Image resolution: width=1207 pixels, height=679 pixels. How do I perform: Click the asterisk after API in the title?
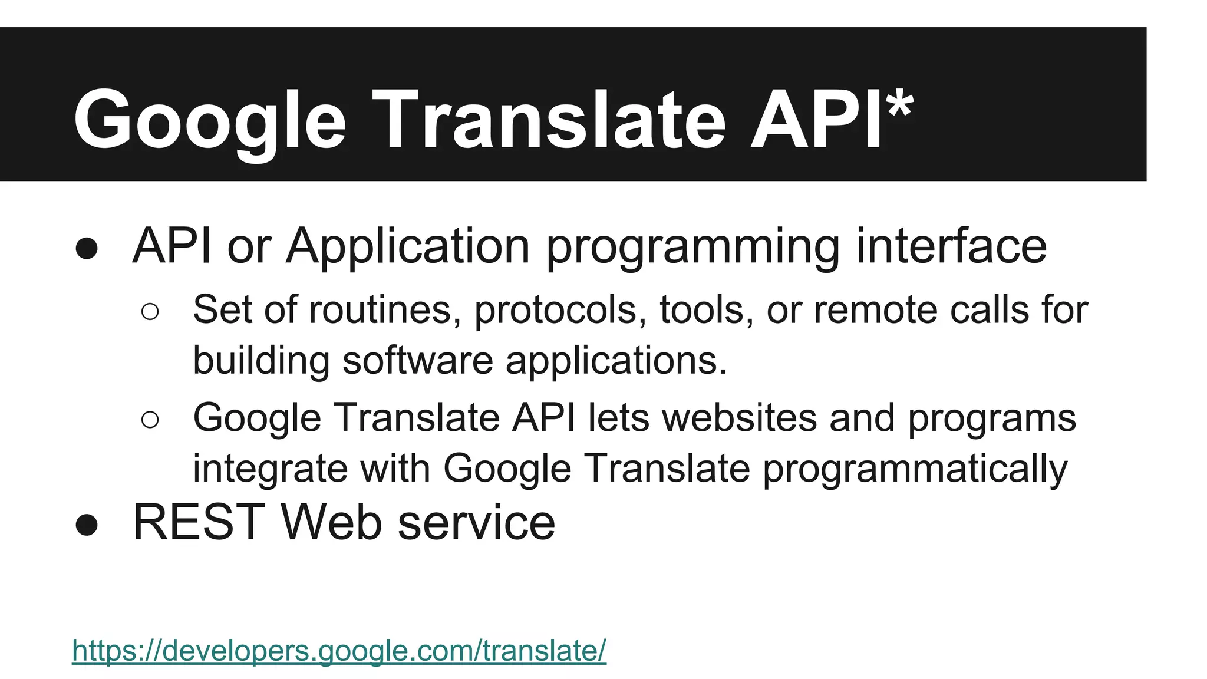coord(899,106)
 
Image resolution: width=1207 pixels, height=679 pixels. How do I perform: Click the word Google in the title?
coord(210,121)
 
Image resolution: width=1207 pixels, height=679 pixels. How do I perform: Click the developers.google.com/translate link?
coord(339,651)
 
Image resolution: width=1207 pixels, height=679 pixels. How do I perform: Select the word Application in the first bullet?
coord(408,246)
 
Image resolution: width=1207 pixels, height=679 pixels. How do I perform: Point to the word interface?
coord(951,246)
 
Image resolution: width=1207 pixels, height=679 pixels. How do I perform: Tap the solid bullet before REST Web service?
coord(87,524)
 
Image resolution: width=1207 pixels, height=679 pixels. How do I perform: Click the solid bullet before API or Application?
coord(87,248)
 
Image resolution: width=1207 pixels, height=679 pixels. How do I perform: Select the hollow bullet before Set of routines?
coord(150,311)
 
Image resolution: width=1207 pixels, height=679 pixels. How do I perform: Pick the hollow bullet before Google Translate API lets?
coord(150,420)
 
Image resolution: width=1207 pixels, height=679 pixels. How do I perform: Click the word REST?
coord(199,522)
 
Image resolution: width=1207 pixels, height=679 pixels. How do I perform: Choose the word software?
coord(417,360)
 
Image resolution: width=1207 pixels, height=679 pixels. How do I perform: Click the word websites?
coord(739,418)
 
